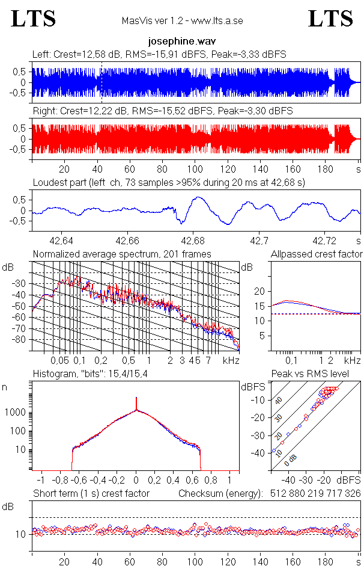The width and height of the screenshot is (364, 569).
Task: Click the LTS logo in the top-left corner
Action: pos(34,19)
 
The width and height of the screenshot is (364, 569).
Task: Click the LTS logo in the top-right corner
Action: pos(330,19)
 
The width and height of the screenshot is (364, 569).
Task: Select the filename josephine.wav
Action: pos(181,42)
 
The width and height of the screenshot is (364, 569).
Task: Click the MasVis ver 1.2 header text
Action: pos(182,21)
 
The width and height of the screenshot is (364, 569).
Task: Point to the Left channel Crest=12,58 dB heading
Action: pos(159,55)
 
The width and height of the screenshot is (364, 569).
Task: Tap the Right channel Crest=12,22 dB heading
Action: pos(162,111)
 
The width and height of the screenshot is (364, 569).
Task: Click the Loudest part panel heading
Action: pos(169,182)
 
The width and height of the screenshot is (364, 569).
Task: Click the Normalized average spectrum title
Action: pos(122,254)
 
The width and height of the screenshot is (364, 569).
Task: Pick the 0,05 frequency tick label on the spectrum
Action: pos(59,360)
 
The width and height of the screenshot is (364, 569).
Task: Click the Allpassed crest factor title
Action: pos(317,254)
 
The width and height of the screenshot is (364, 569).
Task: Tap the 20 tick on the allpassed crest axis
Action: pos(259,291)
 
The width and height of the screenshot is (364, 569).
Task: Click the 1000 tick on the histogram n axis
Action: pos(17,413)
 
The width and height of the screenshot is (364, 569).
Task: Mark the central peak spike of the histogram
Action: pos(136,402)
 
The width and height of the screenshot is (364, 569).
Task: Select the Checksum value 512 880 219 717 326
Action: pos(310,493)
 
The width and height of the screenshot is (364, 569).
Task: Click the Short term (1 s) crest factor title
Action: pos(91,493)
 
